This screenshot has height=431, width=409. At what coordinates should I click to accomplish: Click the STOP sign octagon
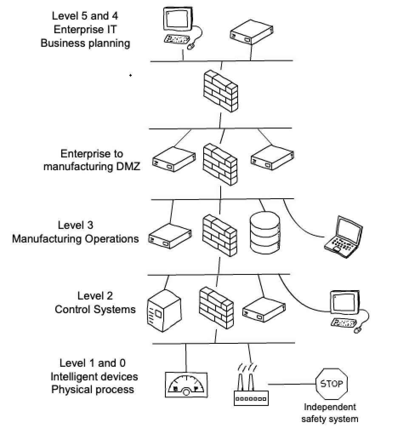[x=332, y=384]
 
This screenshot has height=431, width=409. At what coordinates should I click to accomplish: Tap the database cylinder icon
[x=265, y=233]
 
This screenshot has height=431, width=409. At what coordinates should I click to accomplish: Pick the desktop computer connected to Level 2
[x=347, y=310]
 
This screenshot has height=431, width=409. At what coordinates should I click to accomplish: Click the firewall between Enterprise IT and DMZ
[x=220, y=92]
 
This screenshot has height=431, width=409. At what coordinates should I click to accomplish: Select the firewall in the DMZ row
[x=220, y=164]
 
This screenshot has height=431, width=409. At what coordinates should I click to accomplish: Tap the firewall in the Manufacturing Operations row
[x=219, y=235]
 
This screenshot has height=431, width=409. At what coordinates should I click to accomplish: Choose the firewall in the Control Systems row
[x=216, y=308]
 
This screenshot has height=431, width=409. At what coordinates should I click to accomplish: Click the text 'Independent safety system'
[x=329, y=413]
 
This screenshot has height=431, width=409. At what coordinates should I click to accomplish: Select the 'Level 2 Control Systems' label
[x=95, y=303]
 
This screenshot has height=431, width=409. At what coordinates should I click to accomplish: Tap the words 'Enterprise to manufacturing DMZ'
[x=91, y=160]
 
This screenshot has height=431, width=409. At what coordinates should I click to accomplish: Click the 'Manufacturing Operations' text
[x=75, y=239]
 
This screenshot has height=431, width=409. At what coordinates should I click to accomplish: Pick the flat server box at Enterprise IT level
[x=250, y=32]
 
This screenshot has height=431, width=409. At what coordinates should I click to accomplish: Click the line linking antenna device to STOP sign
[x=291, y=385]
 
